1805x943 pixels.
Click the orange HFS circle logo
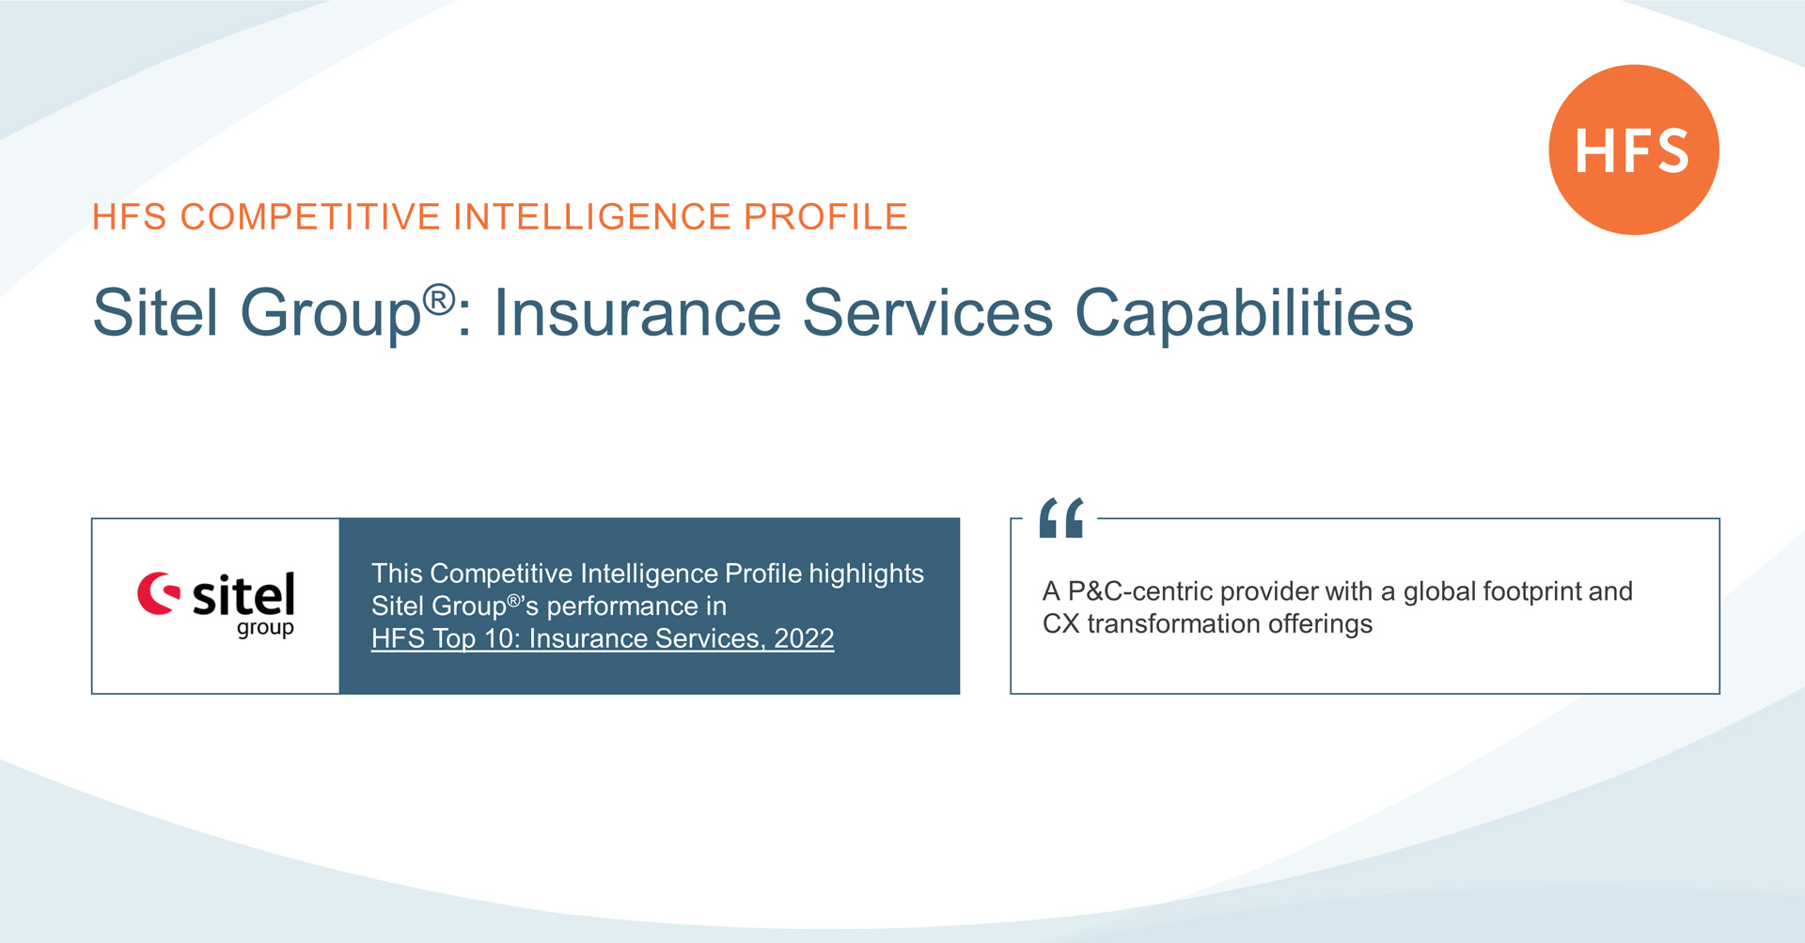pyautogui.click(x=1633, y=149)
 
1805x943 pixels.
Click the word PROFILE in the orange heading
pyautogui.click(x=825, y=217)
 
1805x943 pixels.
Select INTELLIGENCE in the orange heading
pyautogui.click(x=592, y=217)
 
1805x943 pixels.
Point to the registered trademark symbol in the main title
pyautogui.click(x=438, y=300)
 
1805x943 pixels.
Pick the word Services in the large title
pyautogui.click(x=927, y=313)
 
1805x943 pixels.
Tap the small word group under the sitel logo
pyautogui.click(x=265, y=627)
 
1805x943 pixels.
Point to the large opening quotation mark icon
pyautogui.click(x=1061, y=518)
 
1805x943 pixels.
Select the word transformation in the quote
pyautogui.click(x=1173, y=623)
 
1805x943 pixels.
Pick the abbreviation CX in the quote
pyautogui.click(x=1060, y=623)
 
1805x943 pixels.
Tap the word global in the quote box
pyautogui.click(x=1438, y=591)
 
